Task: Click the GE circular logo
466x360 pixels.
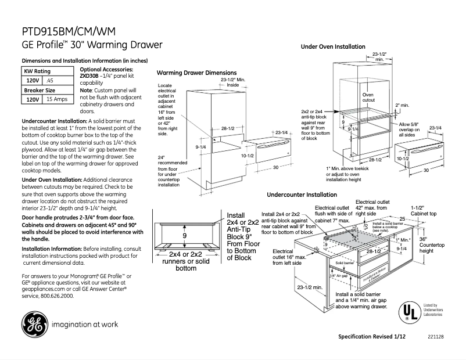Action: tap(34, 324)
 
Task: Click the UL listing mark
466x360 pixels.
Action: tap(408, 312)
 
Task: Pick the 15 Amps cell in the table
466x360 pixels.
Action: tap(57, 99)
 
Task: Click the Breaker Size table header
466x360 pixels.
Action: tap(40, 90)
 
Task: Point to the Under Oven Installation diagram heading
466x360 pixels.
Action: tap(333, 46)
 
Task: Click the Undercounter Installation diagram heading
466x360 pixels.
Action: tap(302, 195)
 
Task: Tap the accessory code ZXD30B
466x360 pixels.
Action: tap(89, 76)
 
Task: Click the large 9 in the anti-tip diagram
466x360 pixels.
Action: tap(184, 236)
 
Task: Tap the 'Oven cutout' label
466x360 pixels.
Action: tap(368, 97)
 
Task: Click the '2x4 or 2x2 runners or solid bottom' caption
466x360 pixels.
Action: tap(185, 261)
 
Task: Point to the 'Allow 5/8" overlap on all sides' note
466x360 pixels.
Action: tap(410, 129)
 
